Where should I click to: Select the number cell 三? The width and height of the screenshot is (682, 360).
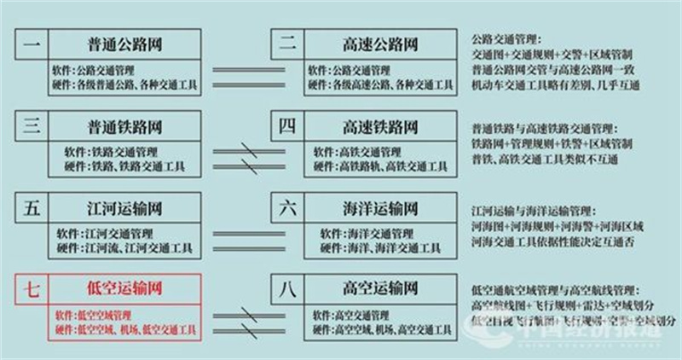click(31, 127)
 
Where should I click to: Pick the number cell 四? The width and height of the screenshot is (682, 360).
click(286, 127)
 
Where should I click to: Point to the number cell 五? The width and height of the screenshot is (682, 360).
click(31, 208)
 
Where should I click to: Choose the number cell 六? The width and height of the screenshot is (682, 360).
click(286, 208)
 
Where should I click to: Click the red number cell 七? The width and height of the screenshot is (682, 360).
click(31, 290)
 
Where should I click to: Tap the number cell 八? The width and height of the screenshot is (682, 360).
click(286, 290)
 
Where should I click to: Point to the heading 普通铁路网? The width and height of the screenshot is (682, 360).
click(124, 127)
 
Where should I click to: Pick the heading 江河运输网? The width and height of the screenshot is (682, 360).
click(124, 208)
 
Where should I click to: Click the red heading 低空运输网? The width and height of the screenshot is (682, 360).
click(124, 290)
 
